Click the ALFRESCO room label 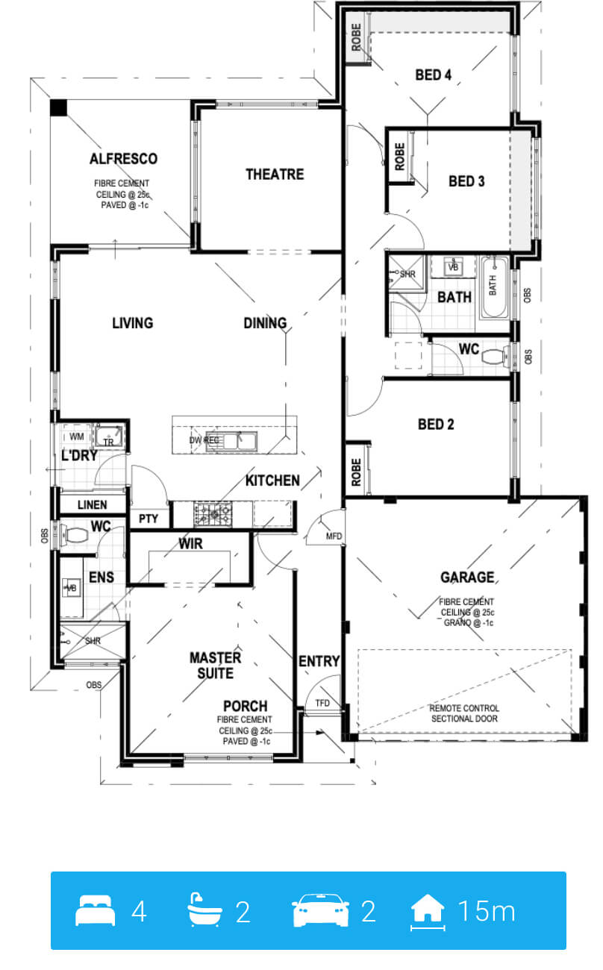[x=123, y=159]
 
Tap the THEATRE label [x=275, y=174]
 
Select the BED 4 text [x=433, y=75]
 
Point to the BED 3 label [x=466, y=181]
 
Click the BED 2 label [x=436, y=424]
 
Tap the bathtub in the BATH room [x=494, y=287]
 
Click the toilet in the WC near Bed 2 [x=496, y=357]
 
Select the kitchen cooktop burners [x=213, y=514]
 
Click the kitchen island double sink [x=231, y=442]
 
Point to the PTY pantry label [x=149, y=519]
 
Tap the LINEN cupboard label [x=93, y=504]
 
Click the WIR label [x=190, y=543]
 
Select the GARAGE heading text [x=467, y=578]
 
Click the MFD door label [x=334, y=536]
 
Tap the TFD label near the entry [x=322, y=703]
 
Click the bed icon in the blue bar [x=96, y=910]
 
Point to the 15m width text [x=487, y=910]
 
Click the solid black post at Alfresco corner [x=58, y=108]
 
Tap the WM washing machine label [x=77, y=436]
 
